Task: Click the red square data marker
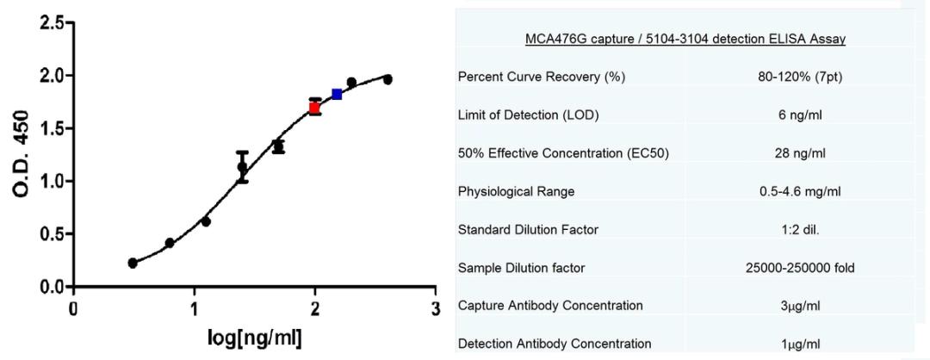tap(315, 108)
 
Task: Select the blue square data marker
tap(337, 94)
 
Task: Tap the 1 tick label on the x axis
tap(195, 307)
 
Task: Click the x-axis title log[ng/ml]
tap(255, 338)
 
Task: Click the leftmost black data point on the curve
tap(133, 263)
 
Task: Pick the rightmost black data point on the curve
tap(387, 79)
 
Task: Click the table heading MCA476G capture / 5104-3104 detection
tap(685, 40)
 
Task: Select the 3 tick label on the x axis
tap(436, 307)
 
